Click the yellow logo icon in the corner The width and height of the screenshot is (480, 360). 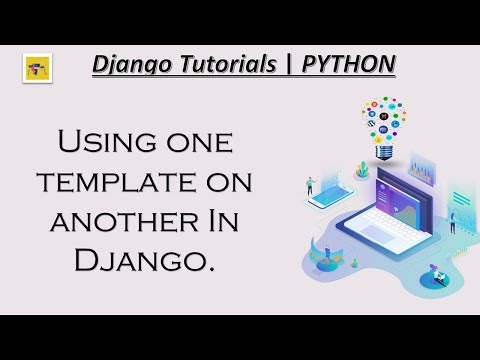click(37, 68)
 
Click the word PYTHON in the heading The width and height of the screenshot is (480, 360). click(349, 65)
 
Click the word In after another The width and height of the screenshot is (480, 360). click(228, 221)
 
